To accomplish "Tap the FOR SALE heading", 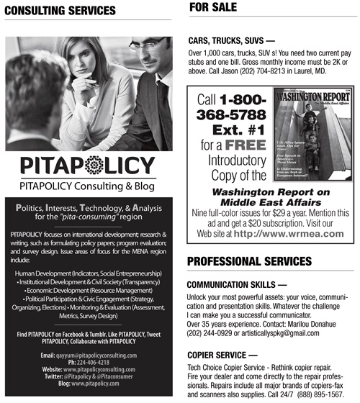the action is click(x=215, y=8).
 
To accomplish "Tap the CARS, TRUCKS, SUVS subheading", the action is click(x=230, y=41).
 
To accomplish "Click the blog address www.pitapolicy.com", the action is click(x=96, y=384).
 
